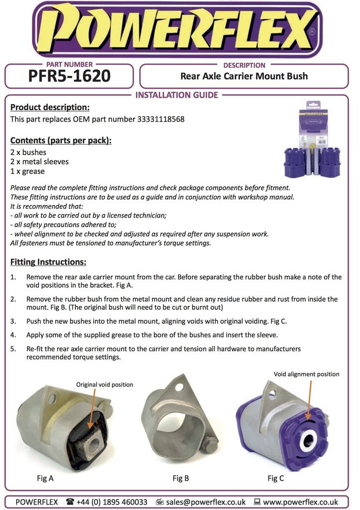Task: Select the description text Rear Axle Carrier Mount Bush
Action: point(243,76)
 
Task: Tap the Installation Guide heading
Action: point(177,95)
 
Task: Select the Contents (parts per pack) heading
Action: point(61,140)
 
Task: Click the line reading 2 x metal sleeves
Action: point(39,162)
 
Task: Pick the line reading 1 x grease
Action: point(27,171)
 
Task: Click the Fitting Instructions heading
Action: point(48,262)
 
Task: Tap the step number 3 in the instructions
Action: point(13,321)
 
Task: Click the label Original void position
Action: point(105,384)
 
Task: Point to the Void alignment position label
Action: point(306,374)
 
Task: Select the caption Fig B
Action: point(181,479)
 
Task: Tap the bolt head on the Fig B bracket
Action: point(211,445)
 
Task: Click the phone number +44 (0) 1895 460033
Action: point(112,502)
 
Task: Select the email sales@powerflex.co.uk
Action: point(206,502)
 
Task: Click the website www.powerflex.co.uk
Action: point(300,502)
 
